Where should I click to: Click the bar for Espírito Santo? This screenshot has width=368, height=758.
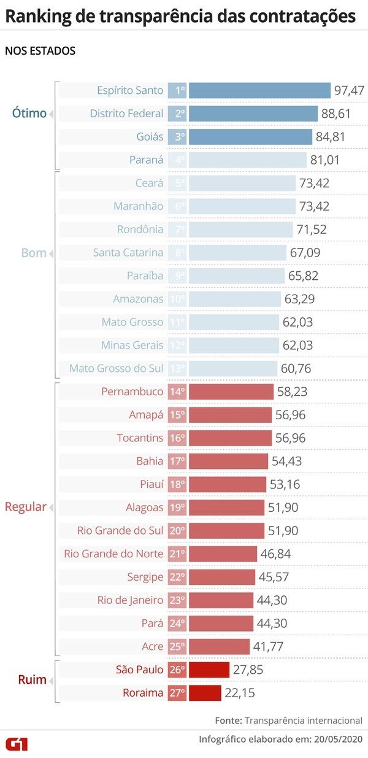point(259,90)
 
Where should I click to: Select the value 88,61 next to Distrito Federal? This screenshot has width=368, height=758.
point(349,114)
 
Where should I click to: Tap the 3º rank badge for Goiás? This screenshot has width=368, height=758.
point(177,137)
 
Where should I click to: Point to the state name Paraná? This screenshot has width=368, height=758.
point(146,160)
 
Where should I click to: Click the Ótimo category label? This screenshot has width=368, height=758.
point(29,114)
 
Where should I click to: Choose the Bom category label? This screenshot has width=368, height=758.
point(33,253)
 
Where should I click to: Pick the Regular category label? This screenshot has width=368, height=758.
point(25,507)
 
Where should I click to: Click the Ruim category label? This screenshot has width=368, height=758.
point(32,681)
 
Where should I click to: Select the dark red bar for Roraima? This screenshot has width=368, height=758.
point(204,693)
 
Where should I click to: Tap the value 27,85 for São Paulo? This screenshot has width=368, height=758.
point(248,670)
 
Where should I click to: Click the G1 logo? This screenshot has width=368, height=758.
point(17,744)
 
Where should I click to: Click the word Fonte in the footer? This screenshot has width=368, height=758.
point(228,720)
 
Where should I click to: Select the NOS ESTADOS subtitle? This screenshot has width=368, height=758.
point(40,51)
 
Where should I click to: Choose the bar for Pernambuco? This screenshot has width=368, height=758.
point(231,392)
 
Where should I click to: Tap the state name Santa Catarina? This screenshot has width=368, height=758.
point(128,252)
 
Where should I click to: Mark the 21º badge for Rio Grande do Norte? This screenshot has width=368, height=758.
point(177,554)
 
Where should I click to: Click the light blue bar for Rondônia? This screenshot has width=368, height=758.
point(240,230)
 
